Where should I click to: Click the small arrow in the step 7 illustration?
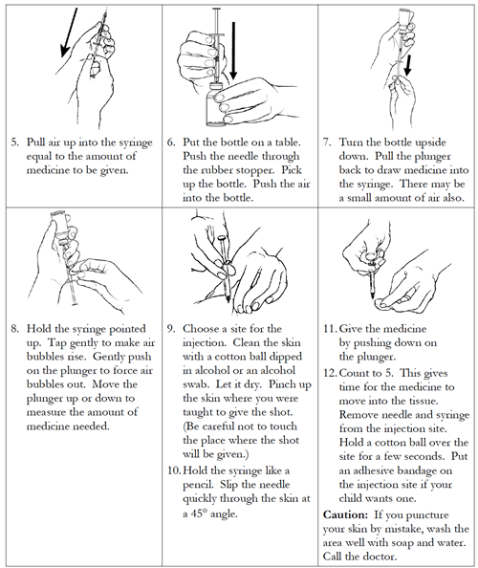(x=408, y=67)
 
